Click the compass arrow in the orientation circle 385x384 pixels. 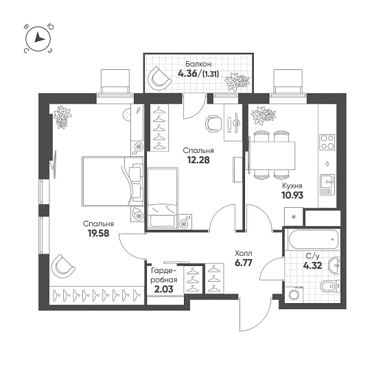39,38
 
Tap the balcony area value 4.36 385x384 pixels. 187,73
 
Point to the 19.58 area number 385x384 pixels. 98,233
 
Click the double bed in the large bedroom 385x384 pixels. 113,181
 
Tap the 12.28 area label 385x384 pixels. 198,160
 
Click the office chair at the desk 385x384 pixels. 213,123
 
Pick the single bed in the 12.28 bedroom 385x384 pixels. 163,197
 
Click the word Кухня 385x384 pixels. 292,186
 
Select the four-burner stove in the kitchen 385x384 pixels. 327,143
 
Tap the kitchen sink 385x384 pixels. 327,184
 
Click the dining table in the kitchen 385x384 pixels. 272,156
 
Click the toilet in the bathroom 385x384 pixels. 330,286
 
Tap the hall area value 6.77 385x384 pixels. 244,263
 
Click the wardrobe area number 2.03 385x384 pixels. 163,289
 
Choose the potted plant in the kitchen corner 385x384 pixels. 263,115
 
